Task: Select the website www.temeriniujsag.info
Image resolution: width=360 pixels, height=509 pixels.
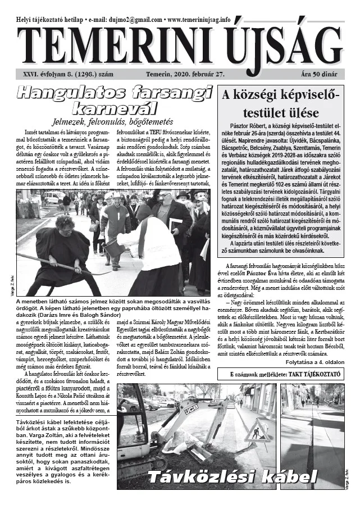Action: pos(199,19)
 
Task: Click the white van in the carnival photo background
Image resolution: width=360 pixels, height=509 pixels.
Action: pos(54,197)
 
